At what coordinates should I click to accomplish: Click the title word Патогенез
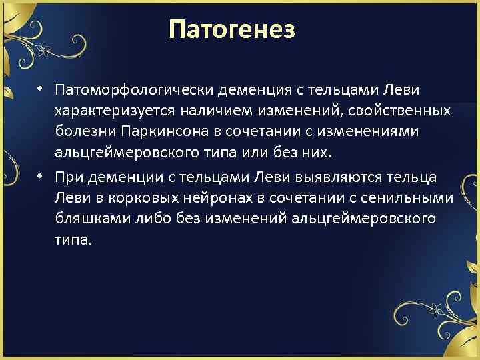pos(231,30)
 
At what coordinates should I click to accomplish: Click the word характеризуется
pos(111,109)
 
